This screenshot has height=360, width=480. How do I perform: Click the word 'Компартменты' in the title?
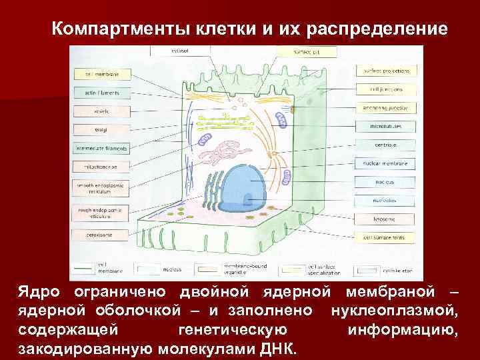[120, 29]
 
